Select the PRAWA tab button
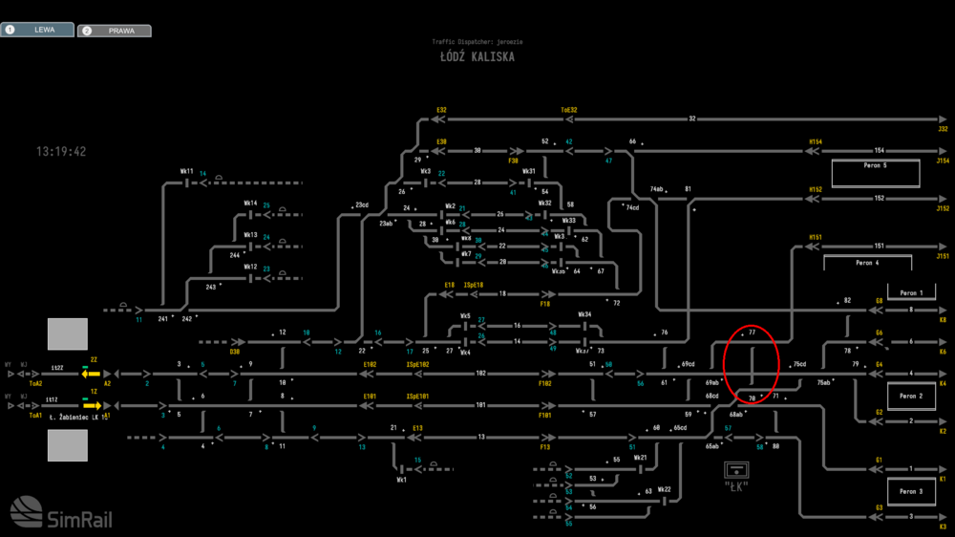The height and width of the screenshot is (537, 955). tap(115, 31)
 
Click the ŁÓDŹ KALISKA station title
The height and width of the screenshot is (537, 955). tap(477, 56)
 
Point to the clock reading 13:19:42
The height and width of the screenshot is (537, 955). tap(61, 151)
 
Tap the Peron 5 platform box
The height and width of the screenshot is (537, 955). tap(875, 173)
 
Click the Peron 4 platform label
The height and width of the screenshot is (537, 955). tap(867, 263)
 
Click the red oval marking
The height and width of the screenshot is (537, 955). tap(753, 364)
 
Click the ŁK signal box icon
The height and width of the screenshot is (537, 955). tap(736, 469)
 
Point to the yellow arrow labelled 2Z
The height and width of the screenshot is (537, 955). tap(92, 374)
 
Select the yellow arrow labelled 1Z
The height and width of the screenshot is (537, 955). tap(92, 405)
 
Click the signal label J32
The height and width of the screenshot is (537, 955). tap(943, 128)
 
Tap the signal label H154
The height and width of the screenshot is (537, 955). tap(816, 141)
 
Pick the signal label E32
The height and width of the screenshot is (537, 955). tap(441, 110)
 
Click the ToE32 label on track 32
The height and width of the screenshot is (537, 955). tap(568, 110)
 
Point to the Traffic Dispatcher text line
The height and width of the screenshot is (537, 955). tap(477, 42)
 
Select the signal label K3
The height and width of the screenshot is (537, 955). tap(943, 526)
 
